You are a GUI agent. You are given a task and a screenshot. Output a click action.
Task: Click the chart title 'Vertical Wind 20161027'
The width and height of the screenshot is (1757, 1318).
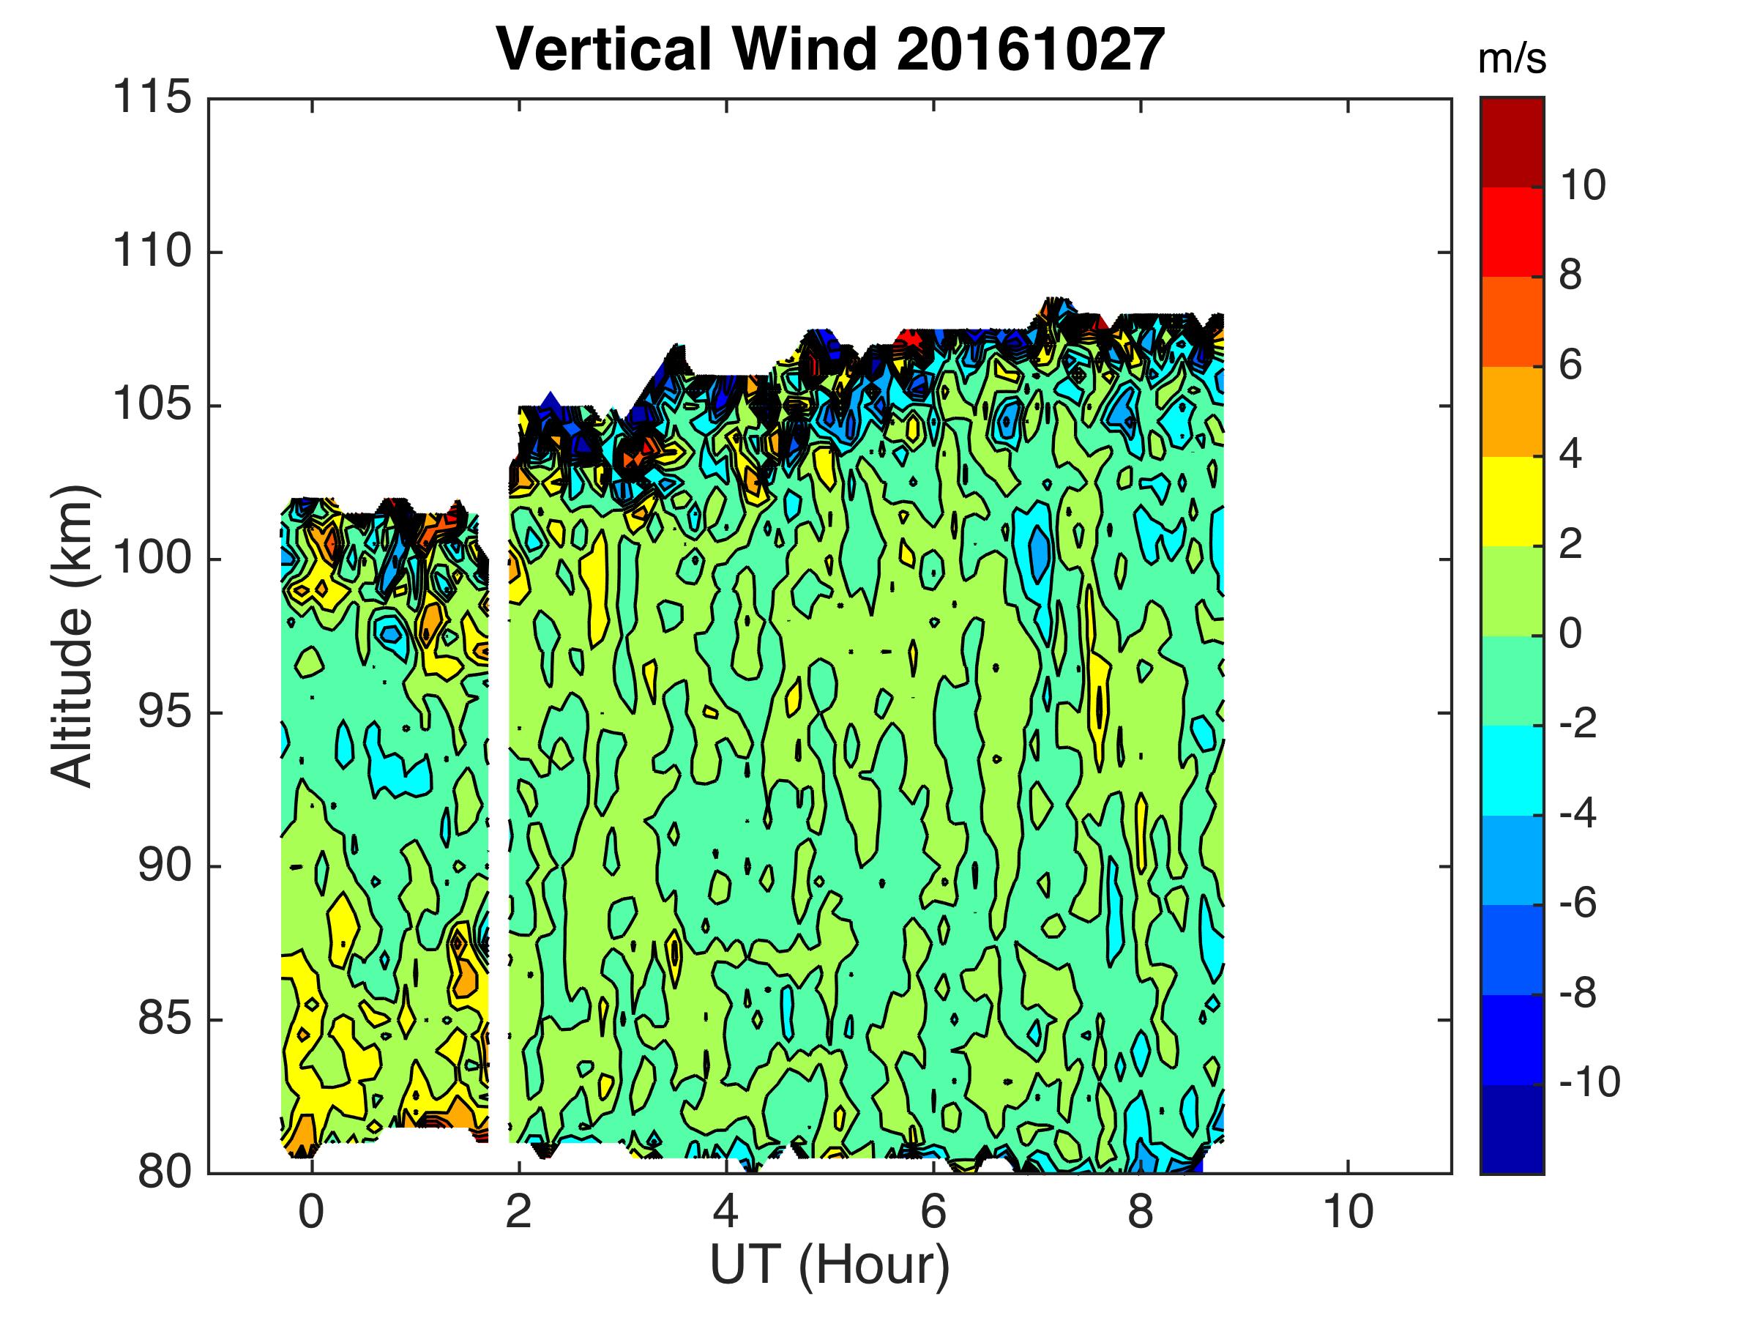pyautogui.click(x=830, y=49)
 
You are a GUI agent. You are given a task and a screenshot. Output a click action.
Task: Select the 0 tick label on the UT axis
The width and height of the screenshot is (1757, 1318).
pyautogui.click(x=311, y=1213)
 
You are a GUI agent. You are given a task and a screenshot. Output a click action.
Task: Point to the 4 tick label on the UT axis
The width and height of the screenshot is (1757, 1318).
pyautogui.click(x=726, y=1213)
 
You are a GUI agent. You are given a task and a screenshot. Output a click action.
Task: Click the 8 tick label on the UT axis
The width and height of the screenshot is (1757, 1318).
pyautogui.click(x=1141, y=1213)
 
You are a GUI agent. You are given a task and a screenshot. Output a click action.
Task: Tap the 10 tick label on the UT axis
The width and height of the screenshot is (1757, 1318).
pyautogui.click(x=1348, y=1213)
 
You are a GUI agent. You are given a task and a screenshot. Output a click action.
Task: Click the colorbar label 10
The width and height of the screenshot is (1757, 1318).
pyautogui.click(x=1583, y=186)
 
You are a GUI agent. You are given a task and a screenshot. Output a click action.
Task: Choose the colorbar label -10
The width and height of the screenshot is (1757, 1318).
pyautogui.click(x=1589, y=1083)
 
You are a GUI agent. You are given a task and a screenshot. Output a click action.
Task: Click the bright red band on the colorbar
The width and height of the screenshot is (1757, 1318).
pyautogui.click(x=1512, y=232)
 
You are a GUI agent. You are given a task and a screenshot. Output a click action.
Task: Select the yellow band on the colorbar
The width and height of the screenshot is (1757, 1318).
pyautogui.click(x=1512, y=502)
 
